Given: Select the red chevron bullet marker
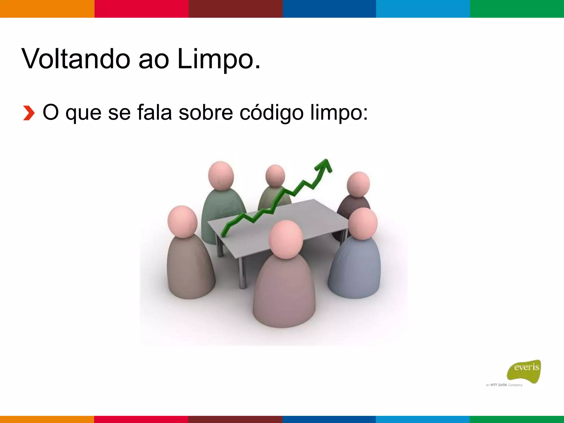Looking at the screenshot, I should pos(29,113).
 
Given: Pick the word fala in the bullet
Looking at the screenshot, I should pos(154,112).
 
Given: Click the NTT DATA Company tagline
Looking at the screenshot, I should pos(504,385).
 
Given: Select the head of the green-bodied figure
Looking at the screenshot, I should pos(221,176).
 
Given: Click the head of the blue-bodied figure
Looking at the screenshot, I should pos(363,224).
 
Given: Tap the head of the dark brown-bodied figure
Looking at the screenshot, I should pos(358,184).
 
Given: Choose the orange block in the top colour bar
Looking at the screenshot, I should pos(47,9).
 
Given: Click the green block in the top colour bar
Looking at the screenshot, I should pos(517,9).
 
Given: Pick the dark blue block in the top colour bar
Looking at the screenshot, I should pos(329,9).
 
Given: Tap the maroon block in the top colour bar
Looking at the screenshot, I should pos(235,9).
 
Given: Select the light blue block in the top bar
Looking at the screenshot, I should pos(423,9).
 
